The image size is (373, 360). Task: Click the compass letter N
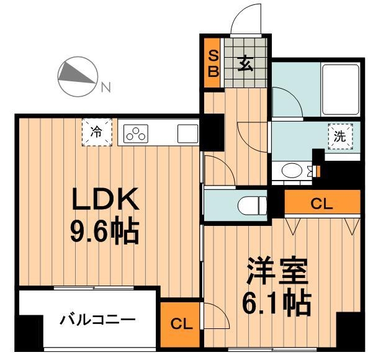106,88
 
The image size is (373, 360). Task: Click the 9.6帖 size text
104,232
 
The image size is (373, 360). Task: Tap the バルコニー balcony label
97,321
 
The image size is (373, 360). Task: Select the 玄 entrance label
244,64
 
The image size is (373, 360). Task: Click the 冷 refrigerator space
97,132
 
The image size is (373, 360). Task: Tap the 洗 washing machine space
339,137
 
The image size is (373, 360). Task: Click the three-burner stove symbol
137,133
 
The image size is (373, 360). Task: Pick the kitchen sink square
187,133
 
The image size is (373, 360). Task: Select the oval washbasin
291,169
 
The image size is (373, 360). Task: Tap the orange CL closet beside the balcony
179,323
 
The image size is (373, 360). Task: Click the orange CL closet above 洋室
322,202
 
